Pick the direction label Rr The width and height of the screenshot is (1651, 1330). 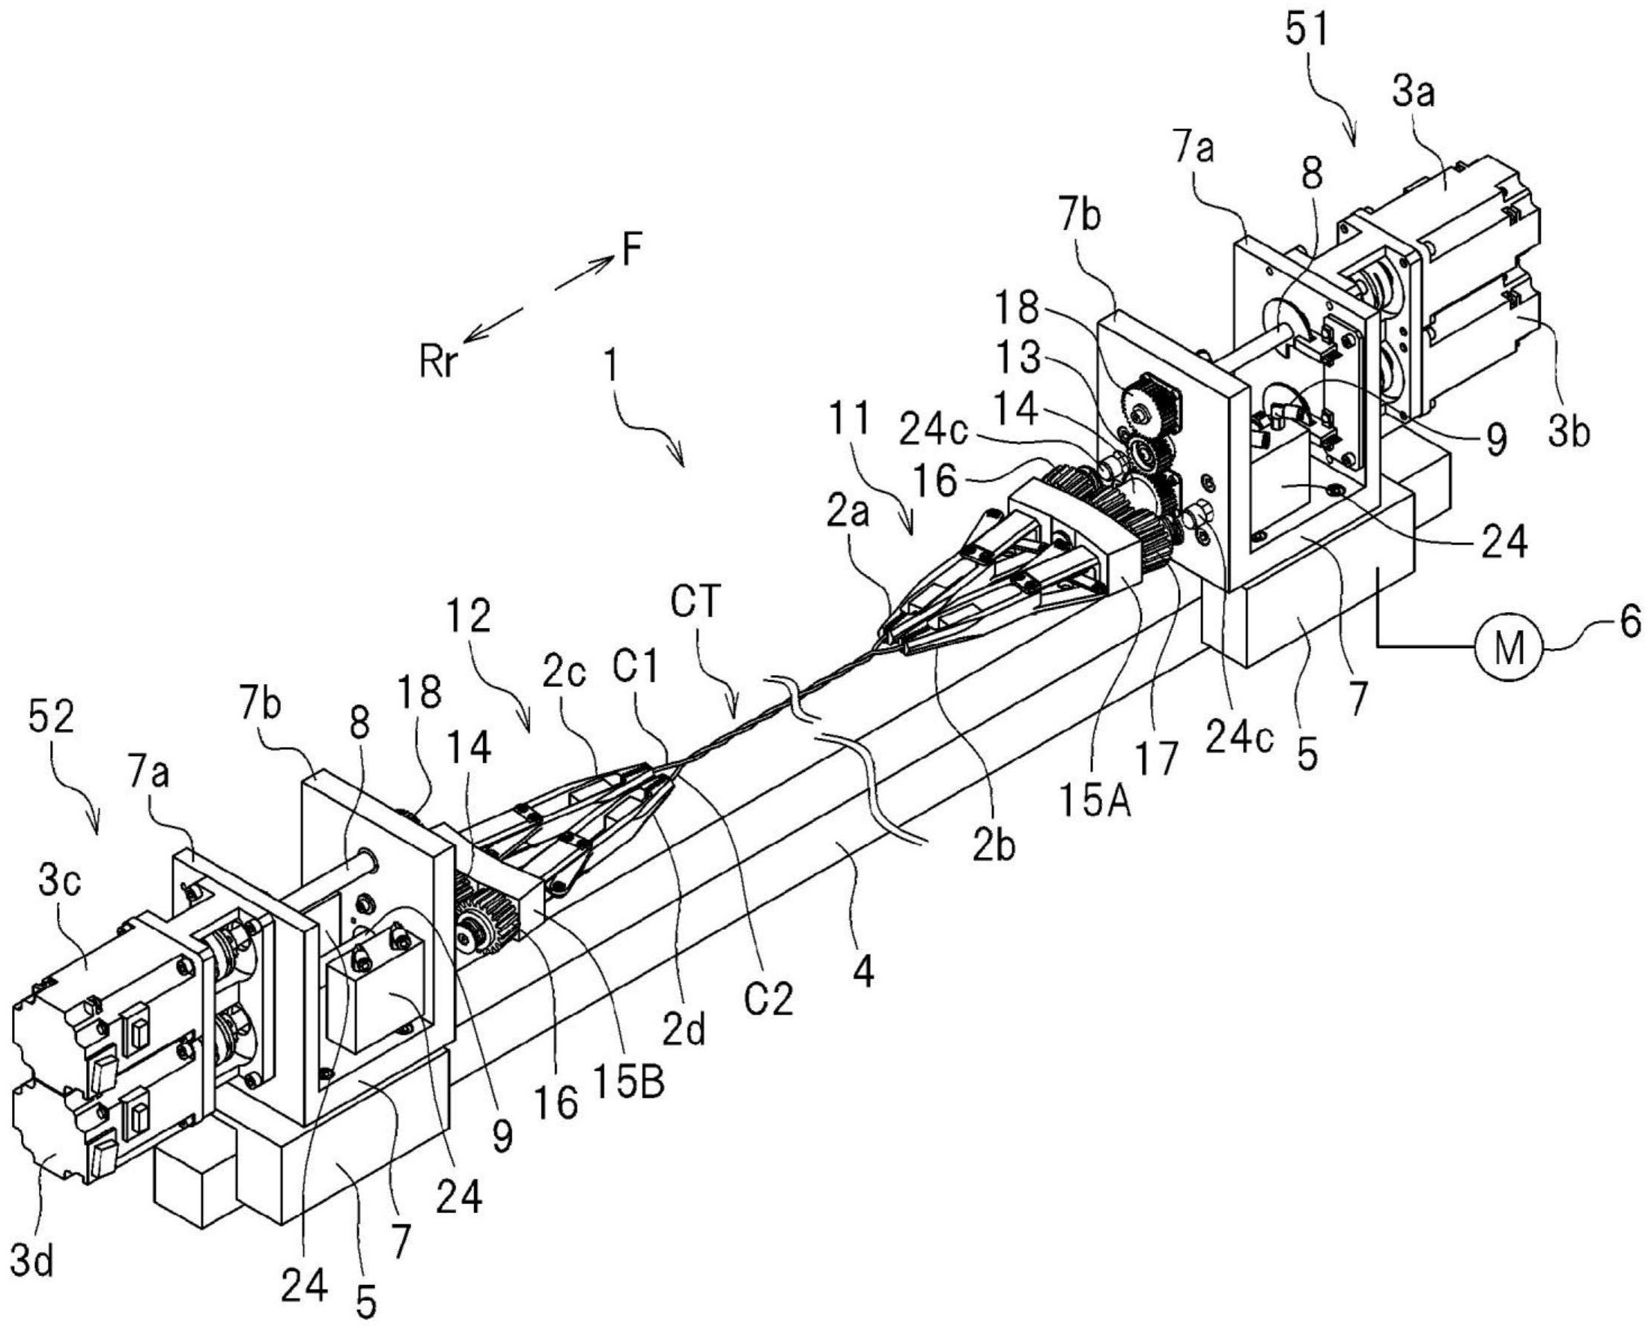[x=437, y=361]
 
